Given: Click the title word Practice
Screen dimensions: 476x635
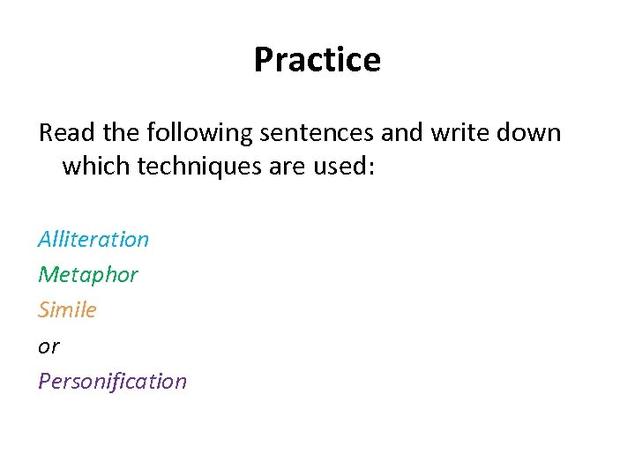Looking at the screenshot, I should coord(317,60).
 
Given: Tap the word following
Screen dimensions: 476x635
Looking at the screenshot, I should coord(198,133).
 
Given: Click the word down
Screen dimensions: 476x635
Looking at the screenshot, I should coord(530,133).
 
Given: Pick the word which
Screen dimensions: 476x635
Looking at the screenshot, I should coord(96,167).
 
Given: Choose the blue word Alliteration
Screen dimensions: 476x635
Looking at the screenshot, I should coord(93,240).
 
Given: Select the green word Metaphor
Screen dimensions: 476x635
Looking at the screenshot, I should coord(88,275).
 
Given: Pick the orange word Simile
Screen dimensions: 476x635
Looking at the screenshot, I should coord(67,310).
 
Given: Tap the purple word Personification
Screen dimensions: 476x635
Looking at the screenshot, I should coord(112,382).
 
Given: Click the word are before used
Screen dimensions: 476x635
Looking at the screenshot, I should coord(296,167).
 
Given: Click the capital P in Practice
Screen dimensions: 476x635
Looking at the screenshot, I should coord(263,60).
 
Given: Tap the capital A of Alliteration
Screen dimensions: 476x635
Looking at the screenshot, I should coord(45,240).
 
